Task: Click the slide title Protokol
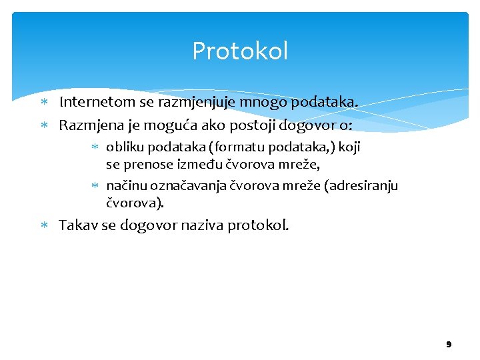pos(240,51)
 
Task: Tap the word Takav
pos(79,225)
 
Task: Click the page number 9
pos(449,344)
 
